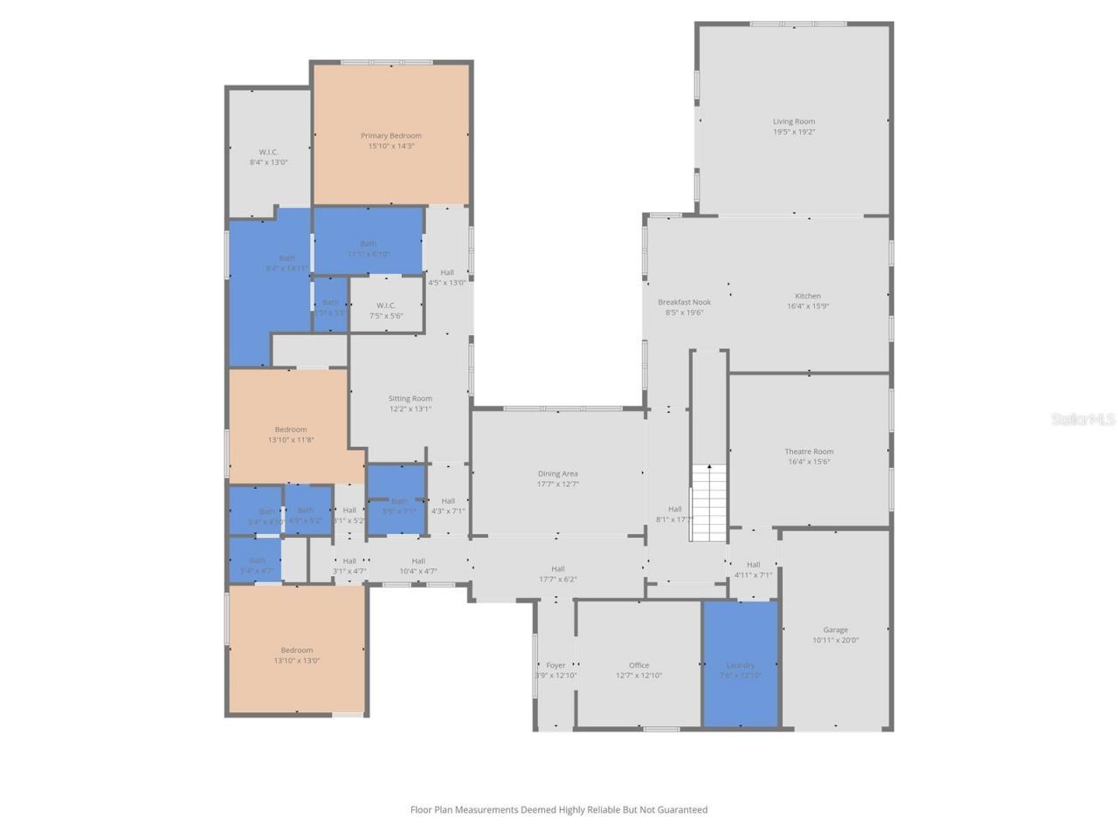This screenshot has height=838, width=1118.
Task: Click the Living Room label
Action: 793,121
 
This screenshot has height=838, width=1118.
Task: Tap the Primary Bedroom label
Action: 390,135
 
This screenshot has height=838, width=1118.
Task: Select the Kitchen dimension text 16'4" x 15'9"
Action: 807,306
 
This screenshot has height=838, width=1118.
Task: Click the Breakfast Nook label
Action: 684,302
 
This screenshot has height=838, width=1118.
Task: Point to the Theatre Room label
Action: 809,451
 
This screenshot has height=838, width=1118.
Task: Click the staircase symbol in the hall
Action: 709,503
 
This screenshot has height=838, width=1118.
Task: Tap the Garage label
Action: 835,629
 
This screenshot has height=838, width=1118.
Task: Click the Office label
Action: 638,665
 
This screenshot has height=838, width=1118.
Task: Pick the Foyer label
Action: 556,665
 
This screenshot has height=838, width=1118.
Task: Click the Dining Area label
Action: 557,474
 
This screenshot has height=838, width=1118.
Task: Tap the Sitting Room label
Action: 410,398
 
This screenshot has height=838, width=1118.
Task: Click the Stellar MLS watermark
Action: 1083,420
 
